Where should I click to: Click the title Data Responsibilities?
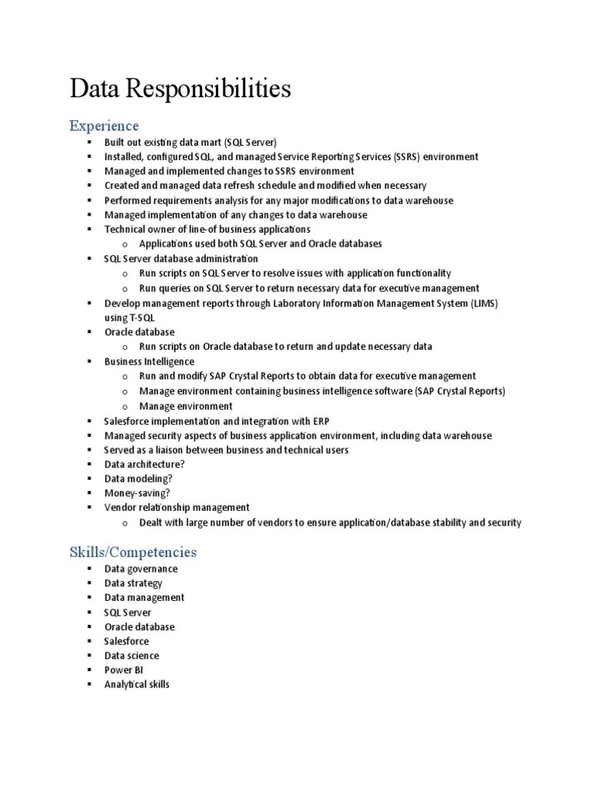pyautogui.click(x=180, y=89)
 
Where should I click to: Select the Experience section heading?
pyautogui.click(x=104, y=126)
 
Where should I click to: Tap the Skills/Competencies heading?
pyautogui.click(x=133, y=552)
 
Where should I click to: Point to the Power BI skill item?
pyautogui.click(x=123, y=670)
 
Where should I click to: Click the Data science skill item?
pyautogui.click(x=132, y=656)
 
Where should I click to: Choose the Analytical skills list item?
pyautogui.click(x=137, y=684)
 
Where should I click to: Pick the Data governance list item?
pyautogui.click(x=141, y=569)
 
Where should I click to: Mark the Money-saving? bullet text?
pyautogui.click(x=137, y=493)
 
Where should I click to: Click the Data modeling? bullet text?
pyautogui.click(x=139, y=478)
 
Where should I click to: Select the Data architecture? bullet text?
pyautogui.click(x=144, y=465)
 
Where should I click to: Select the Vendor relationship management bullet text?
pyautogui.click(x=177, y=508)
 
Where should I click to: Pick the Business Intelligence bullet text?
pyautogui.click(x=150, y=361)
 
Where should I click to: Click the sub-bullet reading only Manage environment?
pyautogui.click(x=186, y=406)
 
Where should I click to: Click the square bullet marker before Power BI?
pyautogui.click(x=89, y=670)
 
